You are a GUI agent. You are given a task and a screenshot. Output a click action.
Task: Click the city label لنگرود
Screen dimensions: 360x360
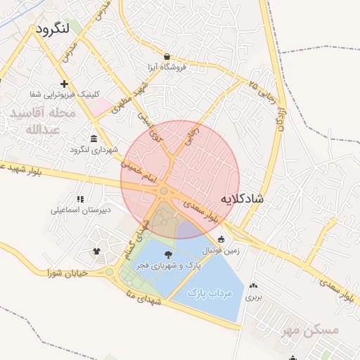[x=54, y=30]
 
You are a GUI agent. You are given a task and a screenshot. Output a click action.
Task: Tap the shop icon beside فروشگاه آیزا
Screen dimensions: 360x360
[x=167, y=56]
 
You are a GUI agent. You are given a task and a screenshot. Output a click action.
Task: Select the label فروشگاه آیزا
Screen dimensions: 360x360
[x=166, y=67]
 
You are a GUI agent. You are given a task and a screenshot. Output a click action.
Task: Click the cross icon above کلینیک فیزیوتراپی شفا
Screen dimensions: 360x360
[x=64, y=84]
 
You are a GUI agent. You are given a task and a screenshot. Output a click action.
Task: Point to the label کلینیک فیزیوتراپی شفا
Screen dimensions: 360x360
[x=65, y=94]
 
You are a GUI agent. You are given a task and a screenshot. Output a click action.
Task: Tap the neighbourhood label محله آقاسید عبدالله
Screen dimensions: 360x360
[x=39, y=121]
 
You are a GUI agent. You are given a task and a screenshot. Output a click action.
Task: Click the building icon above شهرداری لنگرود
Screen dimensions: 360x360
[x=95, y=138]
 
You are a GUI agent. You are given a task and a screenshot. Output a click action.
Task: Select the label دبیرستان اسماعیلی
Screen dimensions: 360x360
[x=78, y=210]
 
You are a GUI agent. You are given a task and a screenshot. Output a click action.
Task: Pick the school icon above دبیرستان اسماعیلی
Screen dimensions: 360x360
[x=79, y=199]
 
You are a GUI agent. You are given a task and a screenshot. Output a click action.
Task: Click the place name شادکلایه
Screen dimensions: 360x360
[x=242, y=199]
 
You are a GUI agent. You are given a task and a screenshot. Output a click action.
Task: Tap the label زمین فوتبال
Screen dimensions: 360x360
[x=221, y=250]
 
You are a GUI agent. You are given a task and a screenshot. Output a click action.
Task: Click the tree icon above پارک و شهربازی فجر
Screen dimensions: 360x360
[x=167, y=255]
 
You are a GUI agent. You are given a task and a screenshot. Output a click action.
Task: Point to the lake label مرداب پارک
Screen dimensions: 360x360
[x=210, y=293]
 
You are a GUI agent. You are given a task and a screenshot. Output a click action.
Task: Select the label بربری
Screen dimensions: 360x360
[x=253, y=297]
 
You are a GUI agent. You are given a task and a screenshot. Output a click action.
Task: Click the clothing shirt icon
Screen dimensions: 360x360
[x=96, y=251]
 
